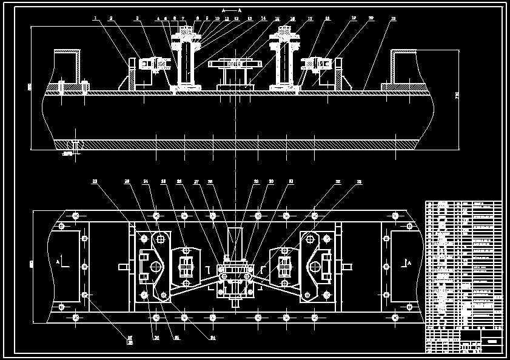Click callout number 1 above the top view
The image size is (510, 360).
pyautogui.click(x=96, y=18)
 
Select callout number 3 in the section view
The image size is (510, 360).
pyautogui.click(x=138, y=18)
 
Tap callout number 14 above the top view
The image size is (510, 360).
pyautogui.click(x=263, y=18)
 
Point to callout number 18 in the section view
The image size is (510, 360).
pyautogui.click(x=327, y=18)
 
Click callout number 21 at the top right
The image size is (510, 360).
pyautogui.click(x=393, y=18)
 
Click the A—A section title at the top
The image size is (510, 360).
pyautogui.click(x=232, y=10)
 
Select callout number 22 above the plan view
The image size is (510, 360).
pyautogui.click(x=95, y=181)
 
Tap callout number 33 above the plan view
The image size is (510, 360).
pyautogui.click(x=359, y=181)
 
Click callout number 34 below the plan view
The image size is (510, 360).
pyautogui.click(x=213, y=338)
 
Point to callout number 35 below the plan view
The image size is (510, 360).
pyautogui.click(x=177, y=338)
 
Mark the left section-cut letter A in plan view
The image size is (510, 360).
pyautogui.click(x=58, y=262)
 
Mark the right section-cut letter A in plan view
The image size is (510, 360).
pyautogui.click(x=409, y=262)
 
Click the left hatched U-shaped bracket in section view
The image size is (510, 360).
pyautogui.click(x=67, y=67)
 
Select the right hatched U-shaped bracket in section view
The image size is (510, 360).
pyautogui.click(x=404, y=67)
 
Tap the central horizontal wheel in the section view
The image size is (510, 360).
pyautogui.click(x=234, y=63)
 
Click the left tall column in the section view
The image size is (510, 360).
pyautogui.click(x=185, y=61)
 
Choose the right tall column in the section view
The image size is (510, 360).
pyautogui.click(x=284, y=61)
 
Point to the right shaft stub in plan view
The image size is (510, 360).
pyautogui.click(x=347, y=266)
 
